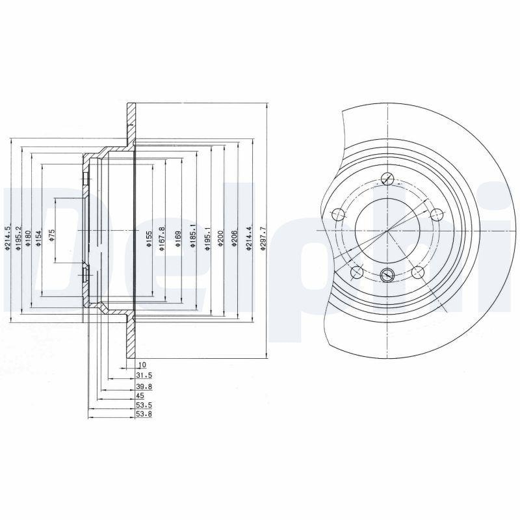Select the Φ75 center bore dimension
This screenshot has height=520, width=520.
[51, 235]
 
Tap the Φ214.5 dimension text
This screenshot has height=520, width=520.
[8, 238]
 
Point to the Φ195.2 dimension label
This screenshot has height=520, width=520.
[19, 238]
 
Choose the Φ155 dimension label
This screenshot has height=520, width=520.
[149, 238]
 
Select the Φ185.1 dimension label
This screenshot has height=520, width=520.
[192, 238]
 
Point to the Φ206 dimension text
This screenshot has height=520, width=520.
[235, 238]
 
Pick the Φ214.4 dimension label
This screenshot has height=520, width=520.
[248, 238]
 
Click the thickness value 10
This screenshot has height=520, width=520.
[142, 366]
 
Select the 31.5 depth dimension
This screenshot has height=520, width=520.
[144, 375]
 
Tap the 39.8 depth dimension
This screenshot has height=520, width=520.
[144, 385]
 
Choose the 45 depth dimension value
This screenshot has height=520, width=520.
[140, 395]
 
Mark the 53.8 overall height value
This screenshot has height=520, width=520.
[144, 413]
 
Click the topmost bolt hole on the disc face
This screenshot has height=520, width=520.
[387, 179]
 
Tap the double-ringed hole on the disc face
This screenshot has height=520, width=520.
[387, 274]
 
